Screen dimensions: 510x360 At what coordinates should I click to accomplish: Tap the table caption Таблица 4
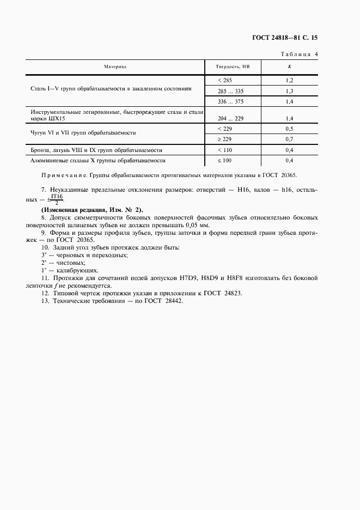(299, 54)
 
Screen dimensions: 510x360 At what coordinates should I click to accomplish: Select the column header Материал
(115, 67)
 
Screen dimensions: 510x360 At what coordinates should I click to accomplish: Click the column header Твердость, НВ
(233, 67)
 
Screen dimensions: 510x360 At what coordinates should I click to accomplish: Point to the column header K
(289, 67)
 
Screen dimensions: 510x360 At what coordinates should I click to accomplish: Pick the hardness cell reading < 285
(224, 80)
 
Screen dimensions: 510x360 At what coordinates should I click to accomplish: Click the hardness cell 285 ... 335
(231, 91)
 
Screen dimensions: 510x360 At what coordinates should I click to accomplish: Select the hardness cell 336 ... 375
(231, 102)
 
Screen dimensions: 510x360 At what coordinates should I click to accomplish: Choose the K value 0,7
(289, 139)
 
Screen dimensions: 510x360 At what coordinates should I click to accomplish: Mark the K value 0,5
(289, 129)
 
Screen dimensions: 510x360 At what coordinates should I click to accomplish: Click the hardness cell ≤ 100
(224, 161)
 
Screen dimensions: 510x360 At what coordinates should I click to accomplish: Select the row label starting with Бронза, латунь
(97, 150)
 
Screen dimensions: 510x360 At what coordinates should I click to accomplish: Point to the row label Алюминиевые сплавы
(98, 161)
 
